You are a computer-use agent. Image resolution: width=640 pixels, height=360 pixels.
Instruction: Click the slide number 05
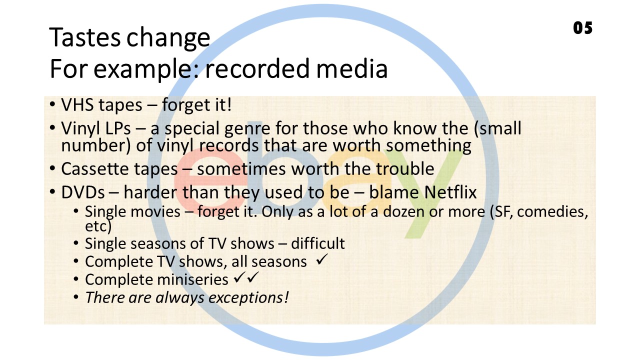click(583, 28)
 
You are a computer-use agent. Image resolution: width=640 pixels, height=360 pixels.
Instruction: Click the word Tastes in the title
click(85, 37)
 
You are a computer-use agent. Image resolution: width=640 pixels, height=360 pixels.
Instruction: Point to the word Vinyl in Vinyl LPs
click(80, 129)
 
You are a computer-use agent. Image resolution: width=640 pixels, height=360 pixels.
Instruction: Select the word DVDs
click(83, 192)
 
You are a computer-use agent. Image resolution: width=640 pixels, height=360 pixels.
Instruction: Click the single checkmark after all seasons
click(321, 259)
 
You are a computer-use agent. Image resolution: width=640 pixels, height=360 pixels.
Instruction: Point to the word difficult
click(317, 243)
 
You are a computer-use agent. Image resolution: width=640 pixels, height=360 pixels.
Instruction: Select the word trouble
click(405, 168)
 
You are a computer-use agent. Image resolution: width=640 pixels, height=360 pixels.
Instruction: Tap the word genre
click(247, 129)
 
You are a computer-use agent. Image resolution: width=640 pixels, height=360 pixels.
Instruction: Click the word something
click(428, 145)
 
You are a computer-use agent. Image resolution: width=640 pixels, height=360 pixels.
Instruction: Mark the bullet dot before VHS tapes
click(52, 104)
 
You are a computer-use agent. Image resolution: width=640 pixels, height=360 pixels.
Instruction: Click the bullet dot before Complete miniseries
click(75, 279)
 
